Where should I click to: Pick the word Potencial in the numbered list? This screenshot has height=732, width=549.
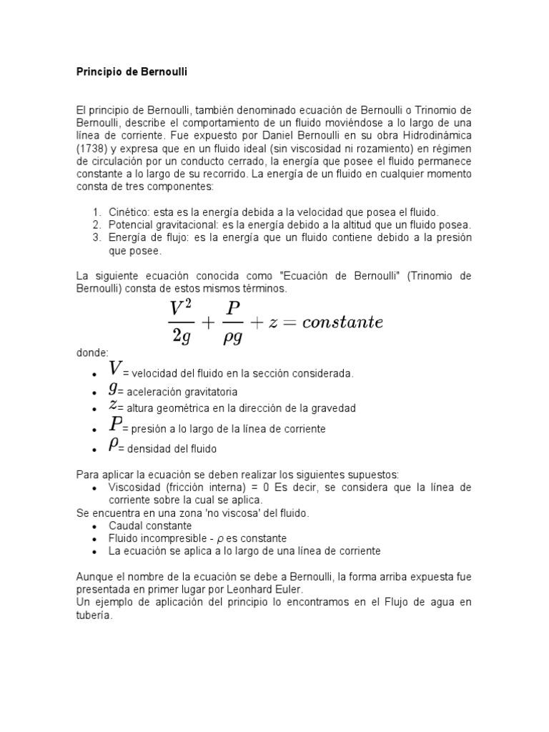pos(133,224)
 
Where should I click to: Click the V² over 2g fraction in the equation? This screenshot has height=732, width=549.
pos(182,322)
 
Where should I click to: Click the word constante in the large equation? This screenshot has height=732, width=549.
pos(342,322)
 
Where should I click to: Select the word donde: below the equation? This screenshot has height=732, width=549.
pos(92,353)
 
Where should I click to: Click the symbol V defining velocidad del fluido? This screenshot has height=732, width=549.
pos(115,370)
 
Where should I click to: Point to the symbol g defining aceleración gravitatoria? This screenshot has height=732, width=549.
pos(113,388)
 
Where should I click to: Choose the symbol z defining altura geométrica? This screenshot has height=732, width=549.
pos(113,405)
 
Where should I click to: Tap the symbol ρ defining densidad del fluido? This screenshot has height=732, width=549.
pos(113,445)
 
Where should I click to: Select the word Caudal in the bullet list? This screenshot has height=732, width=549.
pos(125,525)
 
